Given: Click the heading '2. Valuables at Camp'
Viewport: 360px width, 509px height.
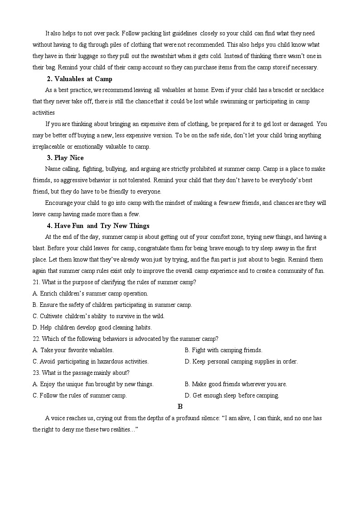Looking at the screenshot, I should (x=79, y=79).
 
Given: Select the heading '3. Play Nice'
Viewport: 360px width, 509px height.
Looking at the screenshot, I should (x=65, y=158).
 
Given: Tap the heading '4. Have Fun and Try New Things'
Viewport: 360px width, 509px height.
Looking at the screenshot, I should (x=98, y=226).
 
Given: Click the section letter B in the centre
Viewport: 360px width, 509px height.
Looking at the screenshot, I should (x=180, y=407).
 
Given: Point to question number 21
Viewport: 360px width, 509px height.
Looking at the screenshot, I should (x=36, y=282).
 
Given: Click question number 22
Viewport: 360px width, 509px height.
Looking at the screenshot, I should (x=36, y=339).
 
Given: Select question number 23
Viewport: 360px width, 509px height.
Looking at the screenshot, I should (x=36, y=373).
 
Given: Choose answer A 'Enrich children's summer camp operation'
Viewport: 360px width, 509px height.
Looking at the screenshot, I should (x=90, y=294).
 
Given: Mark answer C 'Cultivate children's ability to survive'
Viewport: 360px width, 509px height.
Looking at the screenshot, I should (x=98, y=316).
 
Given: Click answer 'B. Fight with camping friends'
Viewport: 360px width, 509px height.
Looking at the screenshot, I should (x=224, y=350).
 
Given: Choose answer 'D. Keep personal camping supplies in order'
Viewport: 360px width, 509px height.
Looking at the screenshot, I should (x=241, y=362).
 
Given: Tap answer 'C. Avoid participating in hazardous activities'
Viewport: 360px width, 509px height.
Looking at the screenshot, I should (x=91, y=362).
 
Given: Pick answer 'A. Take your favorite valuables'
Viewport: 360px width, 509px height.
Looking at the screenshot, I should (x=73, y=350).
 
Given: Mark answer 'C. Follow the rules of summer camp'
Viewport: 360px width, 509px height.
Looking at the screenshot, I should (x=80, y=396).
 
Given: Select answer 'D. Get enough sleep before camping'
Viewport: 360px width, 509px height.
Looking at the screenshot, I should (x=232, y=396).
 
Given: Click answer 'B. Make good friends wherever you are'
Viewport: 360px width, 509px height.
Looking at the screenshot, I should (x=236, y=384).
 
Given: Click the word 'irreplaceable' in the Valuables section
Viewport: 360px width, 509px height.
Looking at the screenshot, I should (x=49, y=147).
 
